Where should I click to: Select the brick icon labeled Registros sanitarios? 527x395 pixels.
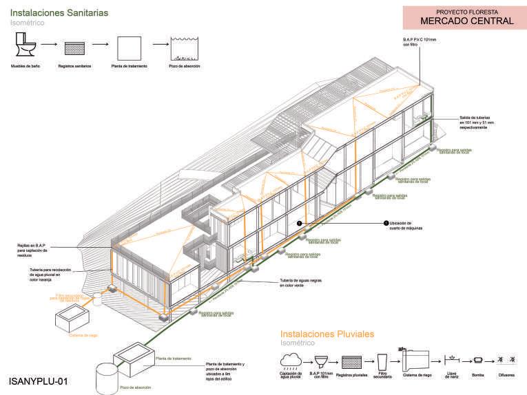pos(73,47)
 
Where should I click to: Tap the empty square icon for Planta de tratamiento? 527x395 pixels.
pos(129,47)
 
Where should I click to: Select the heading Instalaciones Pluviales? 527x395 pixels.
pos(327,334)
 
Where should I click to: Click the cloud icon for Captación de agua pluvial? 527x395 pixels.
pos(291,360)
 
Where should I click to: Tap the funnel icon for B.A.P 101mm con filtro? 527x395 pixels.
pos(320,361)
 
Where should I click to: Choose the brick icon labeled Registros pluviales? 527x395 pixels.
pos(352,361)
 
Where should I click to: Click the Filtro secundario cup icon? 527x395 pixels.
pos(384,361)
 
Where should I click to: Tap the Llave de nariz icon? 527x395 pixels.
pos(451,359)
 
